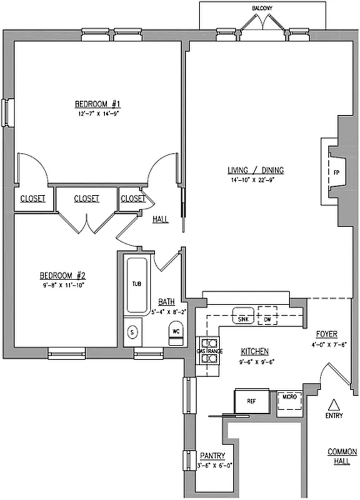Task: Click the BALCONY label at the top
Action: coord(262,8)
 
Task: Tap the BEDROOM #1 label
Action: coord(98,104)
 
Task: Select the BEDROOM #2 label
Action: coord(62,276)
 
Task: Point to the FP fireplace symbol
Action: coord(336,172)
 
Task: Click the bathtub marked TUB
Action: coord(136,284)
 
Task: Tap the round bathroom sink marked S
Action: coord(132,332)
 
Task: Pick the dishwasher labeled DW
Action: coord(268,318)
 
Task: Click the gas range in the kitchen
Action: coord(209,351)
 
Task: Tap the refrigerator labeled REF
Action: coord(251,402)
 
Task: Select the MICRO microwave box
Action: coord(289,397)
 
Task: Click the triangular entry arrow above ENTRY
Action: coord(334,404)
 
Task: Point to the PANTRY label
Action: coord(212,456)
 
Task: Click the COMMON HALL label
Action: coord(342,456)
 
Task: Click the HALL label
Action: coord(160,219)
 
